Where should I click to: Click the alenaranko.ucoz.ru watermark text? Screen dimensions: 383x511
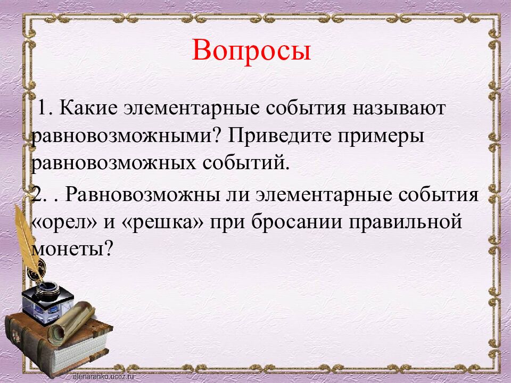pos(104,376)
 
